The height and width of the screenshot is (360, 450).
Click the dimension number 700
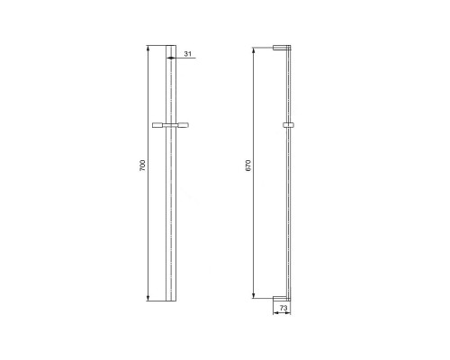143,166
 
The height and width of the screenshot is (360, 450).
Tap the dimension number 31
188,54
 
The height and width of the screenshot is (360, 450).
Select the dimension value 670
248,166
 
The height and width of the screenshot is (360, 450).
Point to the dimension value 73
283,308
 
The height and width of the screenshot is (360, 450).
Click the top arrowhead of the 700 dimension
148,49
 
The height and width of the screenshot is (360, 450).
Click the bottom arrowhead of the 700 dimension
148,298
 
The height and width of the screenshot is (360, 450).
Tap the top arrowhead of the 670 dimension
254,50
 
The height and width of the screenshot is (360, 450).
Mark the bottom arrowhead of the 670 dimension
254,295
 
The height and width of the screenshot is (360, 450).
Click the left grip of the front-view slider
157,125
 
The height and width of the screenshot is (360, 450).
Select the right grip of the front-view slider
184,125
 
